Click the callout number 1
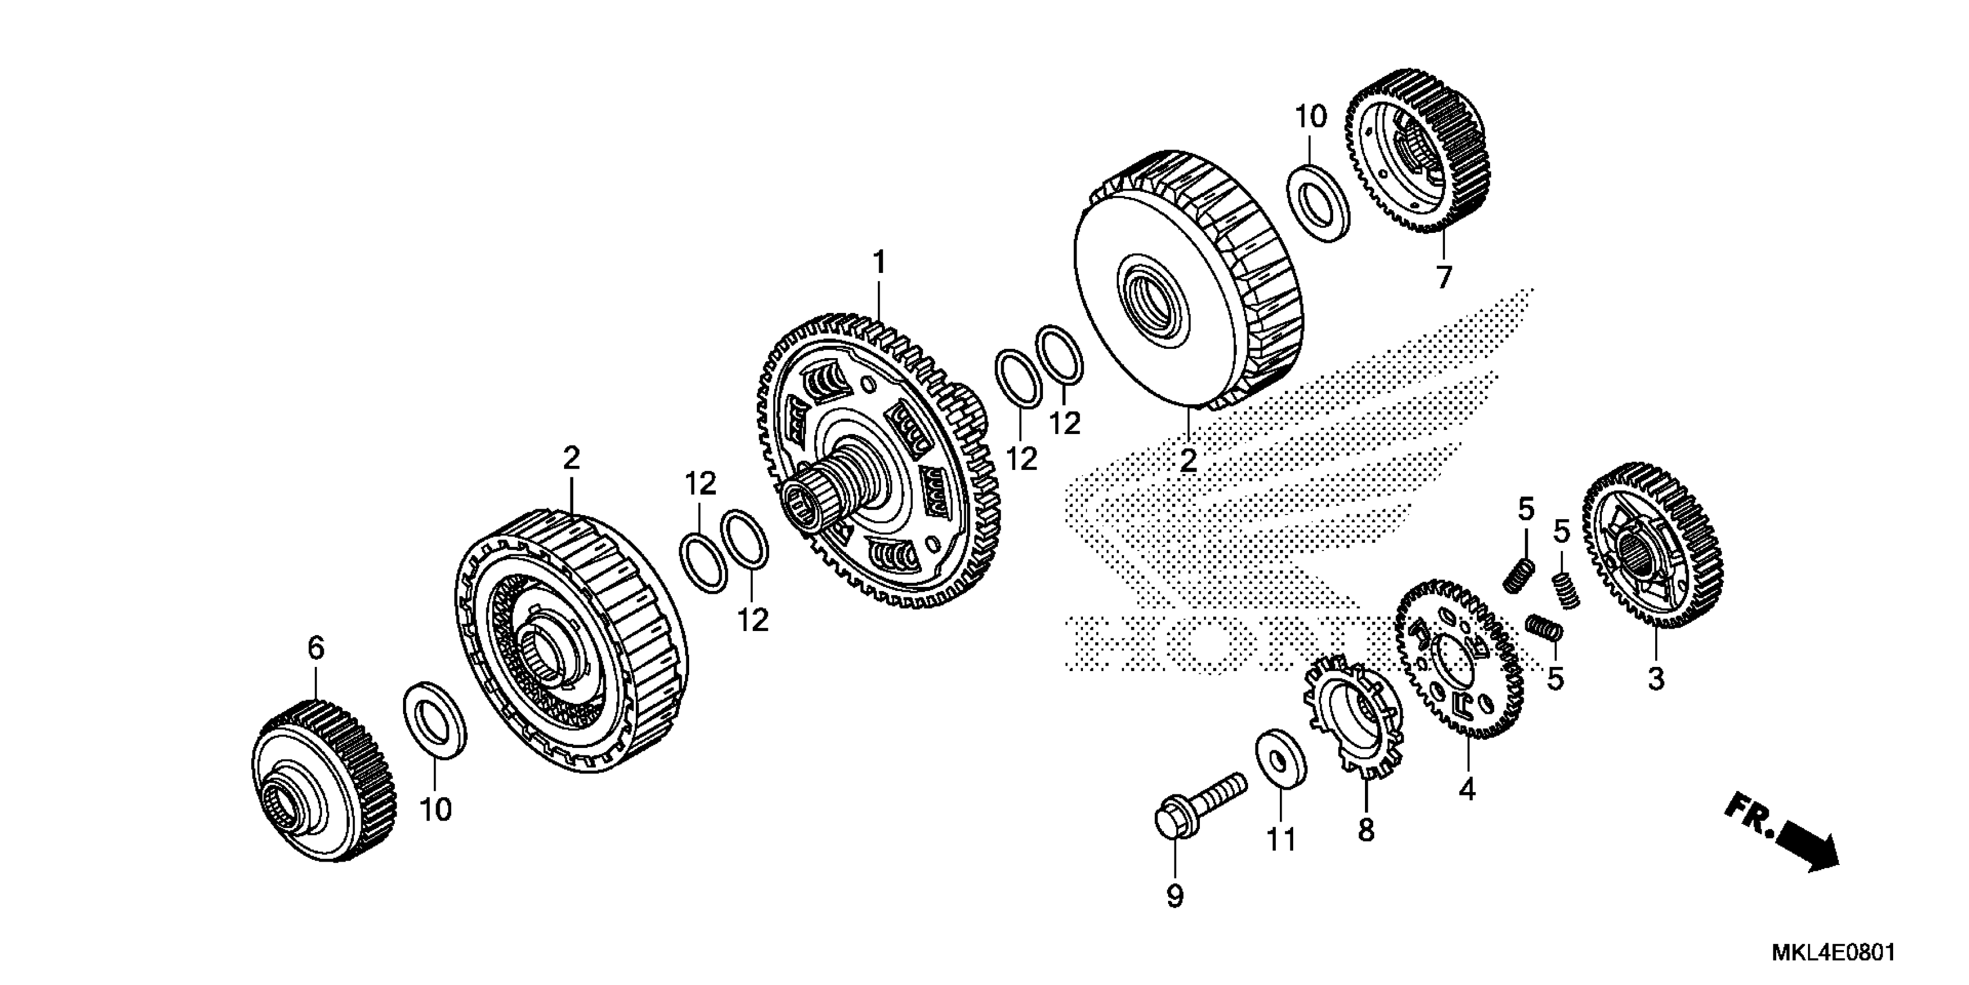(879, 262)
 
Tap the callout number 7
(1443, 277)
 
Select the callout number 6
(316, 648)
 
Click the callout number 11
(1281, 840)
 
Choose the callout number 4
(1466, 789)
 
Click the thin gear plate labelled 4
(1458, 658)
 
